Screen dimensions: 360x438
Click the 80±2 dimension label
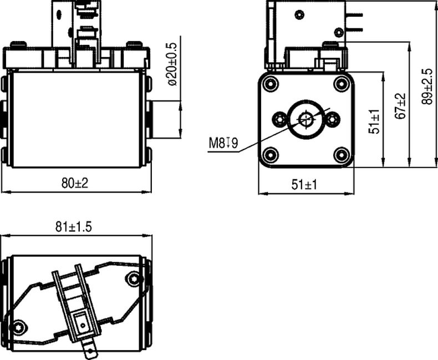coord(75,184)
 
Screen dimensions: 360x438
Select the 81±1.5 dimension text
coord(73,227)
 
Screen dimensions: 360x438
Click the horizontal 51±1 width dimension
coord(304,185)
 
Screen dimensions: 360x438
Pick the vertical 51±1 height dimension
coord(375,121)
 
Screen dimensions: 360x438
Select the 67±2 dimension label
coord(401,105)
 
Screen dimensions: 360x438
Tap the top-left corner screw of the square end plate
coord(271,84)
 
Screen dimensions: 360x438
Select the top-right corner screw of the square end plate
coord(340,84)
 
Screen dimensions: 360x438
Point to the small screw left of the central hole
coord(281,118)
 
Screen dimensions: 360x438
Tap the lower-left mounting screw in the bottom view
coord(20,327)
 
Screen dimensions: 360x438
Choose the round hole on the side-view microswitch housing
coord(299,14)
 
